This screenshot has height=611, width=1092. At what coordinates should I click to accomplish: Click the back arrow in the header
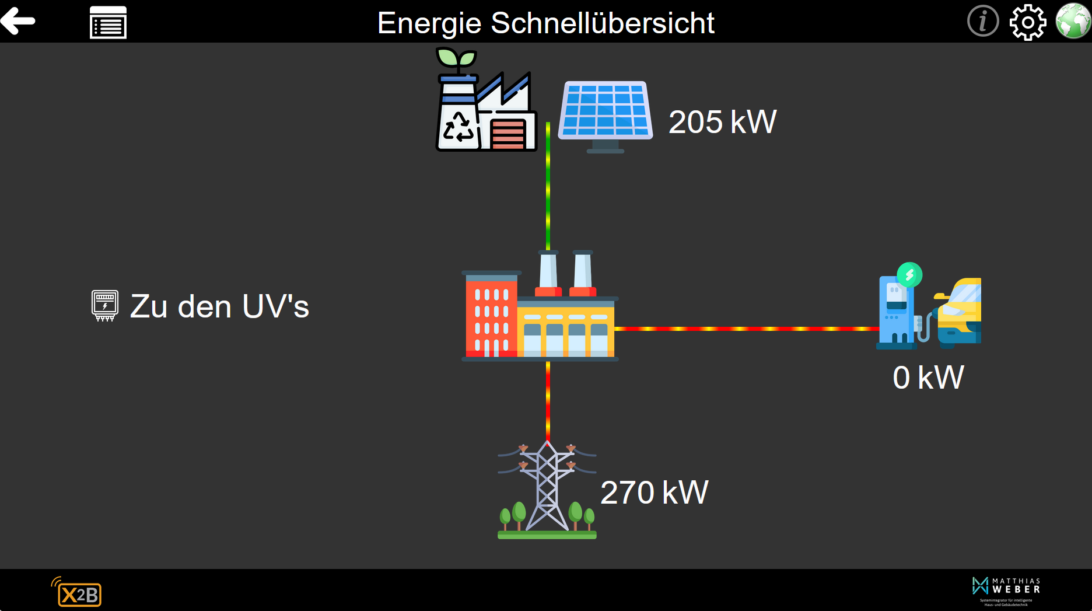click(18, 21)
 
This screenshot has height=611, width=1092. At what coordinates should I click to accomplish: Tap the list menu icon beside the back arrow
click(108, 23)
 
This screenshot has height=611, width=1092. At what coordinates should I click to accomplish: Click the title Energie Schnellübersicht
click(545, 23)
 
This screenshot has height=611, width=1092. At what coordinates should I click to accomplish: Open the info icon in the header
click(982, 21)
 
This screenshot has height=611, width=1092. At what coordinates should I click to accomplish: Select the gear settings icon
click(1027, 22)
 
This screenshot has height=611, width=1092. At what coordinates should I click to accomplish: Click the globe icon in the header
click(1073, 21)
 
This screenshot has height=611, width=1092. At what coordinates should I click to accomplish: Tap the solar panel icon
click(605, 114)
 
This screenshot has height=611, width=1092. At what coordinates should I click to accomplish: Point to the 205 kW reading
click(722, 122)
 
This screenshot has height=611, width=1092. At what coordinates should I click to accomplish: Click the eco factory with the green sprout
click(485, 102)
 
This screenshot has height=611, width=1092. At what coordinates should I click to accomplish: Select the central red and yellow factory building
click(539, 309)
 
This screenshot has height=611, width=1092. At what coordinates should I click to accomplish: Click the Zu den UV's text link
click(219, 306)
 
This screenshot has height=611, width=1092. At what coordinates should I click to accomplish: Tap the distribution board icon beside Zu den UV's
click(105, 305)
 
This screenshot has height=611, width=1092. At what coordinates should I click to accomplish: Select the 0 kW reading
click(928, 378)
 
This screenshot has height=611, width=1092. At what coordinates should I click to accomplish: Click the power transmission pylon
click(547, 490)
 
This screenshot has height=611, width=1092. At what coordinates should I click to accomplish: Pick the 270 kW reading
click(654, 493)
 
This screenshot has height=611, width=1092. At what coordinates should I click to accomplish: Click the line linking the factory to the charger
click(747, 329)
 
